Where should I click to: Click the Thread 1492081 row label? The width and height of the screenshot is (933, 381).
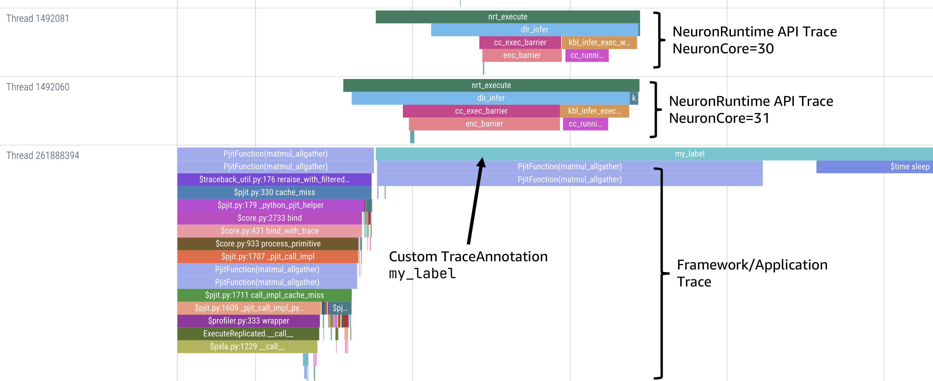point(38,18)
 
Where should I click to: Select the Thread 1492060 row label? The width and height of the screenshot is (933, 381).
point(38,87)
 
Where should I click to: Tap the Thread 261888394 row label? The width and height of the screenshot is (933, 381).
point(43,156)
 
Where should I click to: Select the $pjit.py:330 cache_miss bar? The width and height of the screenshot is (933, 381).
point(274,192)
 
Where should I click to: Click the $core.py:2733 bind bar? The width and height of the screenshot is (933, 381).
point(270,218)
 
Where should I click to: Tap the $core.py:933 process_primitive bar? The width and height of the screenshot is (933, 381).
point(268,244)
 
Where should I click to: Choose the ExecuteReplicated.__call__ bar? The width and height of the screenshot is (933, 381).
point(248,334)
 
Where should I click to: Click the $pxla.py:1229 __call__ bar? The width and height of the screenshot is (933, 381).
point(247,347)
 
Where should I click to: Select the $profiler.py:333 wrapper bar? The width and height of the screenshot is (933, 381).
point(249,321)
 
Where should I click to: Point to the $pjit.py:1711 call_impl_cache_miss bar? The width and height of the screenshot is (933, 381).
point(264,295)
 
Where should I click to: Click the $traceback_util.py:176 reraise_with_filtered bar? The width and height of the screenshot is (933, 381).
point(274,179)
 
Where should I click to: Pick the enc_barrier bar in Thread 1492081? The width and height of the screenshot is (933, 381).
point(522,55)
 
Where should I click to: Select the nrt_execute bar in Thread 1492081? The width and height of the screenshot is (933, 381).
point(507,17)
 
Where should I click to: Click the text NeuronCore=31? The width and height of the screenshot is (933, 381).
point(719,118)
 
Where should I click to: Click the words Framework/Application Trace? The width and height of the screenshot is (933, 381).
point(752,273)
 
